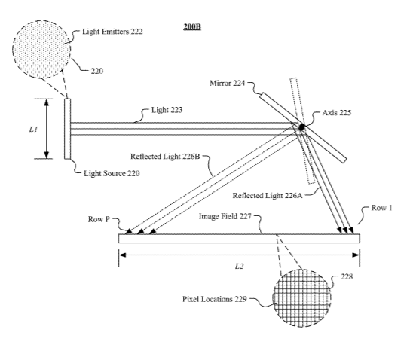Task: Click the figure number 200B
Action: tap(192, 26)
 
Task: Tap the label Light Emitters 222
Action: tap(112, 32)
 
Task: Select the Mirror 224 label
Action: tap(227, 83)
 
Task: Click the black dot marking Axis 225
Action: tap(301, 127)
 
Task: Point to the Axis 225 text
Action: tap(337, 113)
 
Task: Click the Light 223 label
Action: tap(167, 110)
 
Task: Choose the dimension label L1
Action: tap(33, 129)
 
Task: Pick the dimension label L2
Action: tap(239, 266)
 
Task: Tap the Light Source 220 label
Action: tap(112, 173)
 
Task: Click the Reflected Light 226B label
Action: tap(165, 156)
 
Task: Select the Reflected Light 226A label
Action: tap(268, 195)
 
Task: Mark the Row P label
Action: tap(99, 219)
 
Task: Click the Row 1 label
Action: tap(381, 208)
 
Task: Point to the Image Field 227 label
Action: tap(225, 216)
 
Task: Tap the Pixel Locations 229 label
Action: tap(214, 299)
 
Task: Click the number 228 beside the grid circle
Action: tap(347, 276)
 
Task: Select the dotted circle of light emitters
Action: tap(41, 50)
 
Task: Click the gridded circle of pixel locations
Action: tap(302, 298)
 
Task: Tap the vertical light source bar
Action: tap(68, 129)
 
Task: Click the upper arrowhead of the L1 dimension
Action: tap(47, 102)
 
